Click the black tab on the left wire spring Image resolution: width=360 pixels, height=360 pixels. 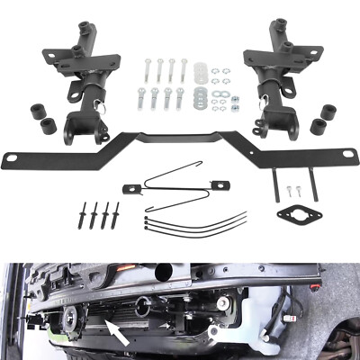coord(131,187)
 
